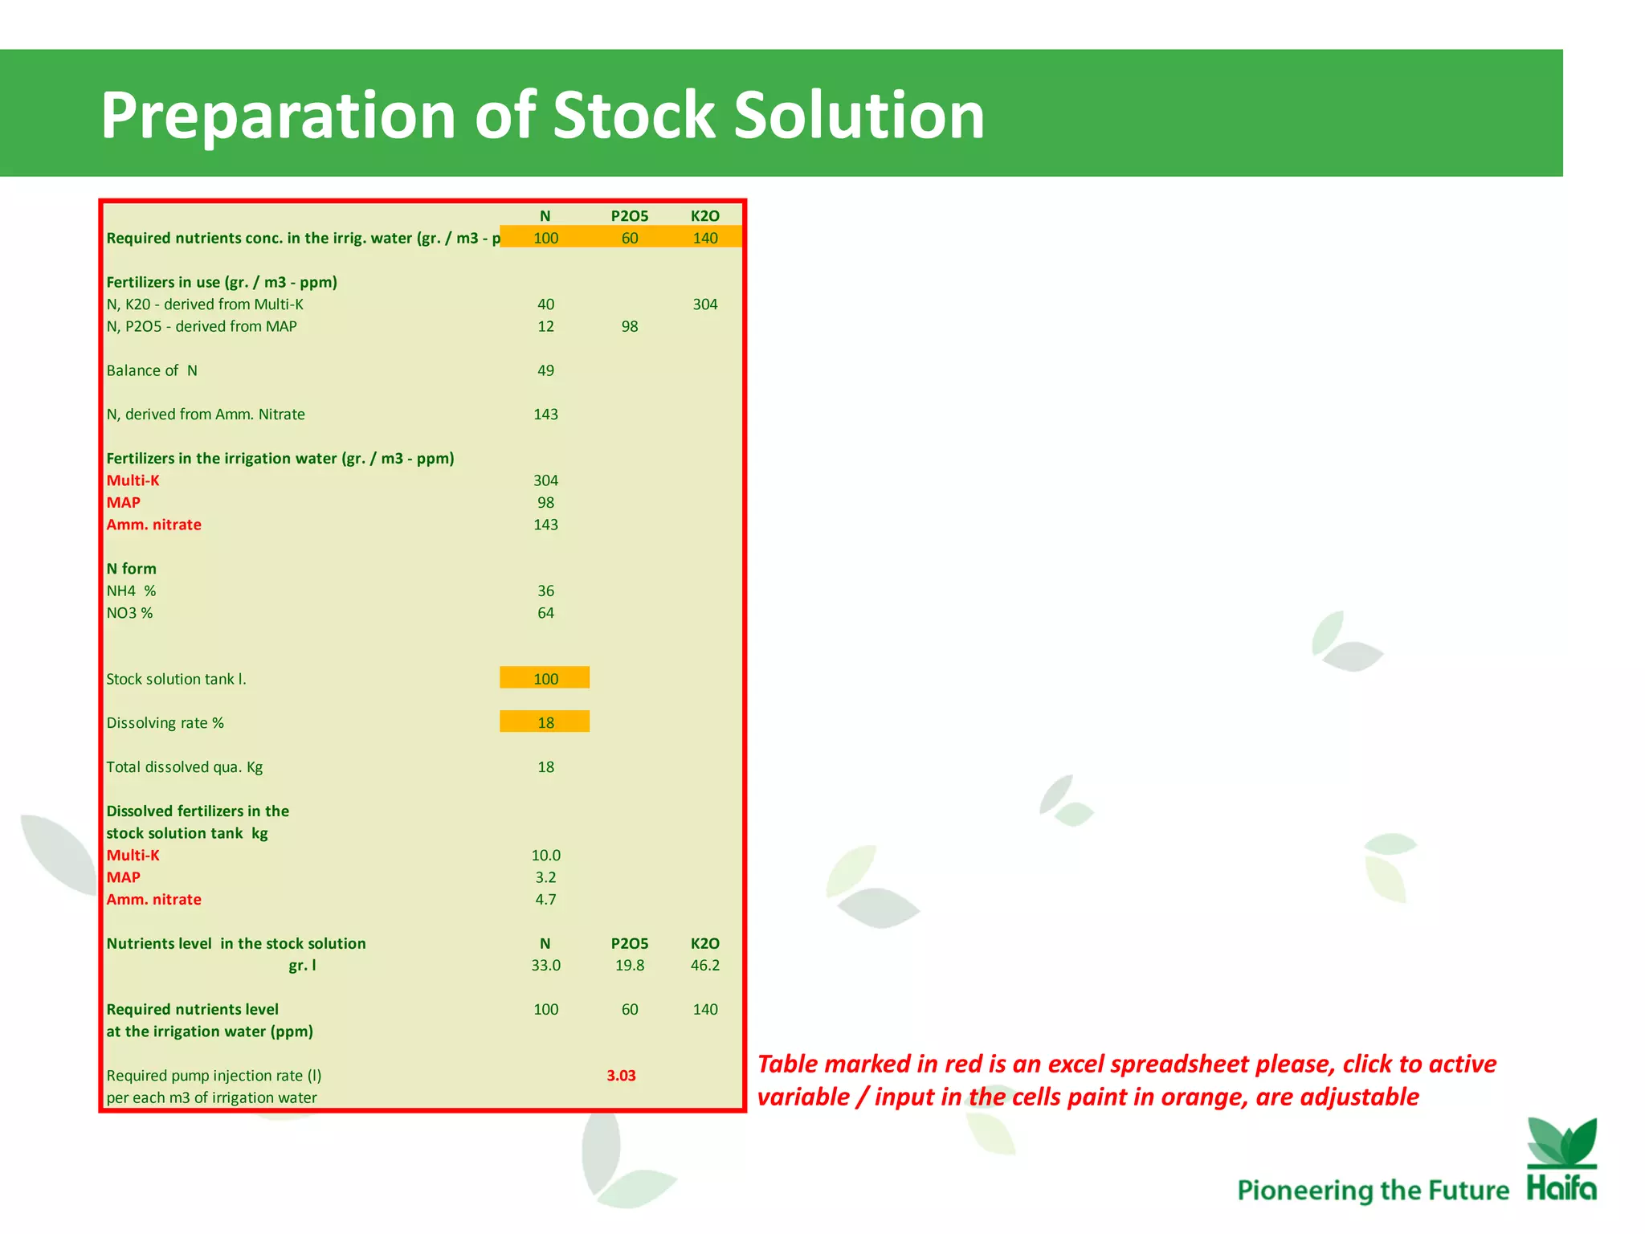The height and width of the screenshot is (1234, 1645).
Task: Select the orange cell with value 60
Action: [630, 238]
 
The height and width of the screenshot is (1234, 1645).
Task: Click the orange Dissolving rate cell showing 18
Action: [545, 722]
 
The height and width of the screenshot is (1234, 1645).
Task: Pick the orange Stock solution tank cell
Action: [545, 678]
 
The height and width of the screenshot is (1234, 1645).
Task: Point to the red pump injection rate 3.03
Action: [621, 1075]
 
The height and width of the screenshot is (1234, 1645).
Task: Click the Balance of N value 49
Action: [545, 370]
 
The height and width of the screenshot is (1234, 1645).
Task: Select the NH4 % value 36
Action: [545, 590]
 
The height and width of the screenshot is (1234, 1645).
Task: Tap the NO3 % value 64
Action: [545, 613]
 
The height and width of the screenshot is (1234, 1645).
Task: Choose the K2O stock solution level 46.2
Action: [704, 965]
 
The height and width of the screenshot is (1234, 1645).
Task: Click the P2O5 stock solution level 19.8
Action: [630, 965]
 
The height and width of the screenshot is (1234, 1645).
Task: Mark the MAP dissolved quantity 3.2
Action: [545, 877]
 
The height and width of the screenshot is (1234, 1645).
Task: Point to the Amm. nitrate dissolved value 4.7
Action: [545, 899]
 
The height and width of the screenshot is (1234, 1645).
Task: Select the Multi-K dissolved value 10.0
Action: [545, 855]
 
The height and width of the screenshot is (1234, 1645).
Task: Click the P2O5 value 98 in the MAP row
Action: [630, 326]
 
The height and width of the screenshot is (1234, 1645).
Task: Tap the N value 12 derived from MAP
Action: [545, 326]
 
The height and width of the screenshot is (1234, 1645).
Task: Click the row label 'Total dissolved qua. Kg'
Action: [185, 766]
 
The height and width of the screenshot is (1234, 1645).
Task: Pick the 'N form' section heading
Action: [132, 569]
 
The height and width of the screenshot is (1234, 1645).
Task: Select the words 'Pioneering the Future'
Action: [1373, 1190]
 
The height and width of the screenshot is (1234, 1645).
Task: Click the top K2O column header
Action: [704, 215]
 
